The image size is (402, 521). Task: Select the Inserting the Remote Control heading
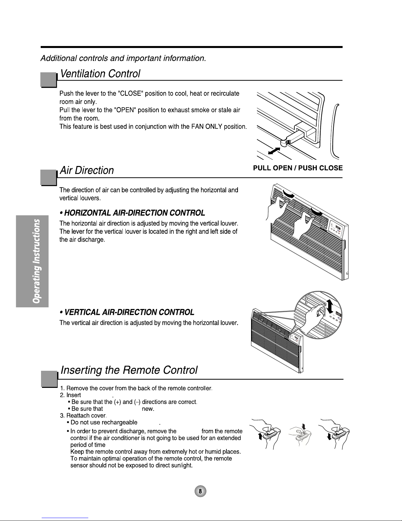(129, 370)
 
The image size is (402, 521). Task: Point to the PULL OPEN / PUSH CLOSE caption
(298, 168)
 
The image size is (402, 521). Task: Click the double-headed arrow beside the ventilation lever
(274, 151)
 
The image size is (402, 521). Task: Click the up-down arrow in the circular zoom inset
(330, 306)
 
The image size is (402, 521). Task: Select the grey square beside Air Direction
(48, 178)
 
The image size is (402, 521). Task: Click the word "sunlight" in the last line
(180, 466)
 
